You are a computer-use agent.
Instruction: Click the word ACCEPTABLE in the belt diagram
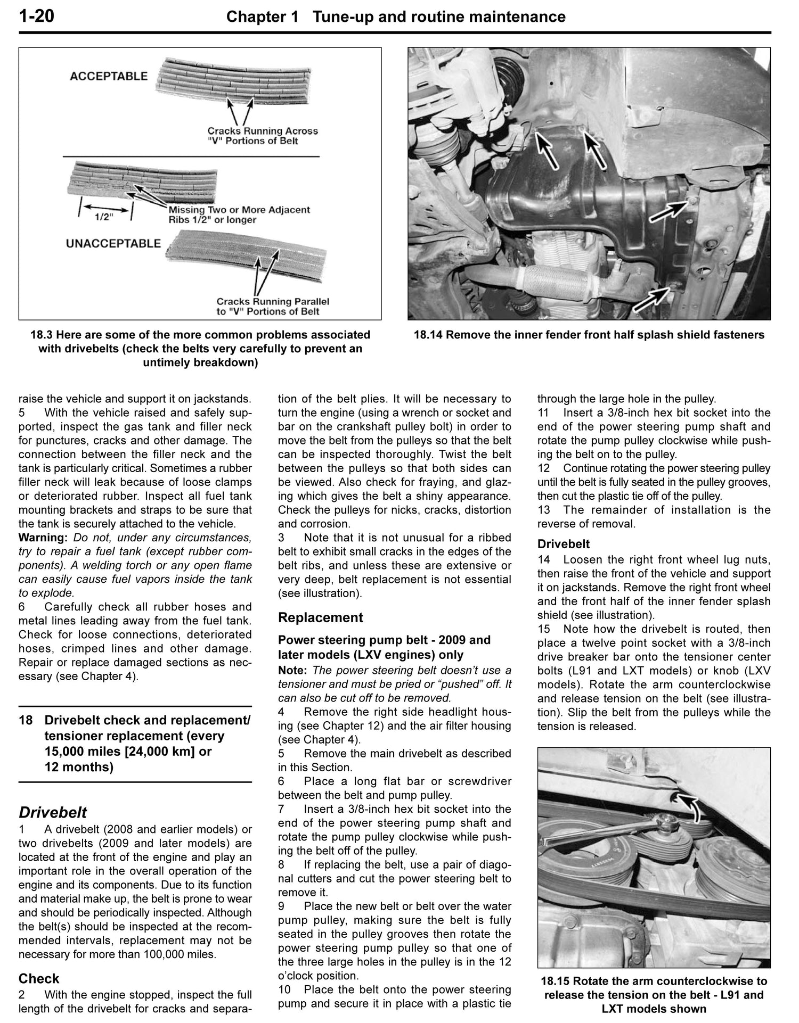(x=109, y=76)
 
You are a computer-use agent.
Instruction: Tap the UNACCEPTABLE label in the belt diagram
(x=113, y=243)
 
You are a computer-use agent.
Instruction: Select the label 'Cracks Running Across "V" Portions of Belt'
(x=262, y=136)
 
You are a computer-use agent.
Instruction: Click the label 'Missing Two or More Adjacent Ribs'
(x=239, y=214)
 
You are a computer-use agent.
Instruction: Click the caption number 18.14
(x=429, y=335)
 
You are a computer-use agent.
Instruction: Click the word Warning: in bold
(x=44, y=538)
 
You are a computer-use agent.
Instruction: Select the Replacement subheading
(x=320, y=617)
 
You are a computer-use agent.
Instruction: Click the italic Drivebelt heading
(x=53, y=813)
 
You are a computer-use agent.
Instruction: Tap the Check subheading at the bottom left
(x=39, y=979)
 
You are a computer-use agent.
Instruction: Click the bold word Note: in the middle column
(x=293, y=670)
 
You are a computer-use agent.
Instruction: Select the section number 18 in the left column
(x=25, y=721)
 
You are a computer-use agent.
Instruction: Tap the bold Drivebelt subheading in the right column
(x=563, y=544)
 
